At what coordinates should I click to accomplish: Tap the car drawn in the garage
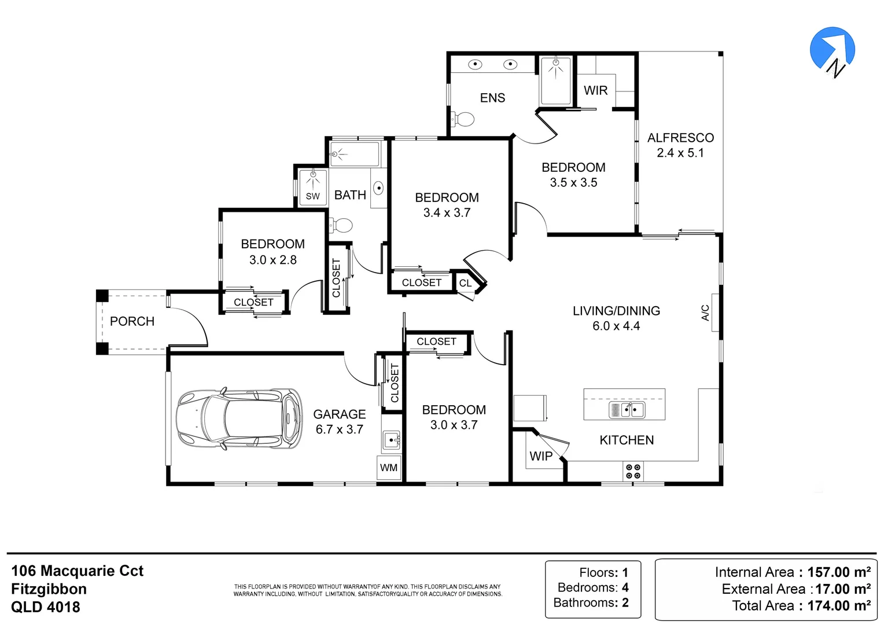coord(238,418)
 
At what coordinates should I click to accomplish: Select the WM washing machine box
coord(389,468)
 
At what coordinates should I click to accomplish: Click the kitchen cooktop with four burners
coord(633,472)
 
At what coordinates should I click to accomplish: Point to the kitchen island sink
coord(627,410)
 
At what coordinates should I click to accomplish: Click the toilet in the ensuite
coord(463,120)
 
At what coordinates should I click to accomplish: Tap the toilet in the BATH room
coord(342,225)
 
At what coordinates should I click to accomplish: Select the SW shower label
coord(312,196)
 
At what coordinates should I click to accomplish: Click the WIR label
coord(595,91)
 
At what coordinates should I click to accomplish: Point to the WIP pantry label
coord(541,457)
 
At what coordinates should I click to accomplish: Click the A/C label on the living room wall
coord(706,313)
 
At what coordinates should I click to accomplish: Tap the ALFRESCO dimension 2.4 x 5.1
coord(680,153)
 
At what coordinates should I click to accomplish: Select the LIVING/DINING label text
coord(616,311)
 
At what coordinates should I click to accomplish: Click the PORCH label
coord(132,322)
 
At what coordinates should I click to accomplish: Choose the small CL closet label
coord(465,284)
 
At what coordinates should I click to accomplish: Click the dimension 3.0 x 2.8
coord(272,260)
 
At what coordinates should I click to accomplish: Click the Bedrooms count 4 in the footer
coord(625,587)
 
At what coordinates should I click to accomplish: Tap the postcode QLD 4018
coord(46,607)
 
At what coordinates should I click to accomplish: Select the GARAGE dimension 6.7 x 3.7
coord(340,429)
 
